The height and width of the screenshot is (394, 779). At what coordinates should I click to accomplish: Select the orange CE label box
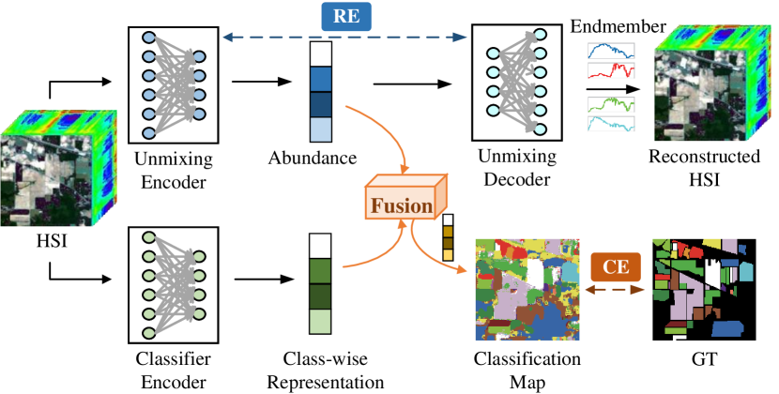(616, 267)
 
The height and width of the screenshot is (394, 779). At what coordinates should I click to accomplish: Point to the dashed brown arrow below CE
(616, 291)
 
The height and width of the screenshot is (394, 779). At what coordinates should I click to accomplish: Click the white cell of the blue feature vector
(321, 53)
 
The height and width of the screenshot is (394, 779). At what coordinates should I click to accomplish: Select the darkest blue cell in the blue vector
(321, 104)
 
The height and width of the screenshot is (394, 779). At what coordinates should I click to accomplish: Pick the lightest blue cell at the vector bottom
(321, 129)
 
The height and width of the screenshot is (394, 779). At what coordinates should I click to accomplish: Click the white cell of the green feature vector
(321, 246)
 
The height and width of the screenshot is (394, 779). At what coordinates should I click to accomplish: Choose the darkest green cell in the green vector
(321, 296)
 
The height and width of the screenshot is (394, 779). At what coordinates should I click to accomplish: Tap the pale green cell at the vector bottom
(321, 322)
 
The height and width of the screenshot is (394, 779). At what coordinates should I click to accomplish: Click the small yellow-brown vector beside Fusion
(448, 237)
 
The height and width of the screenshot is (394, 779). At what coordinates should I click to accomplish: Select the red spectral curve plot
(611, 71)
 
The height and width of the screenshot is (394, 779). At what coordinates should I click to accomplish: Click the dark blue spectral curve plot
(611, 52)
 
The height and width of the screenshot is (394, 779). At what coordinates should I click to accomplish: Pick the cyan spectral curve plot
(611, 125)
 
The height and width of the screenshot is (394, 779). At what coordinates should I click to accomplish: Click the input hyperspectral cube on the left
(56, 169)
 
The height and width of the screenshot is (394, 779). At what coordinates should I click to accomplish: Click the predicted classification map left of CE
(527, 288)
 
